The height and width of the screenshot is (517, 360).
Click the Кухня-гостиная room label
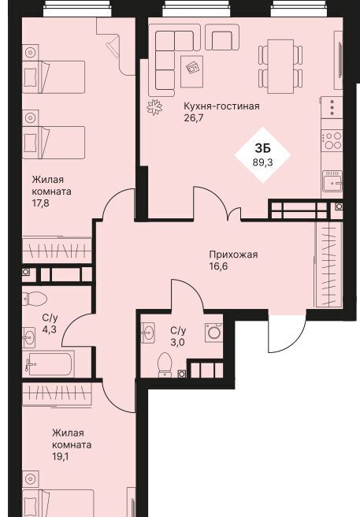[x=221, y=106]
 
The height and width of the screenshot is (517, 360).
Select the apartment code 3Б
[x=263, y=148]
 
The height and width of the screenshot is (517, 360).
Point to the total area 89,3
[x=263, y=162]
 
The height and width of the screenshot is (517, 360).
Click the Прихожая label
[x=233, y=255]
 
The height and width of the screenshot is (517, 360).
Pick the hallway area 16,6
[x=218, y=266]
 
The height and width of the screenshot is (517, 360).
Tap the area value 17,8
[x=40, y=203]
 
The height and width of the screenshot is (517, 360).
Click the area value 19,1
[x=61, y=456]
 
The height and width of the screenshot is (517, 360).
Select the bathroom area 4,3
[x=49, y=330]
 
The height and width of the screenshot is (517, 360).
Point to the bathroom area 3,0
[x=177, y=343]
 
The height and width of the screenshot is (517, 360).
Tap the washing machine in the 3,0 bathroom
[x=213, y=332]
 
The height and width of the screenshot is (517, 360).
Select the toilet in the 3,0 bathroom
[x=165, y=365]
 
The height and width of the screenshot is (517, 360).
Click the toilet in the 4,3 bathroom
[x=35, y=299]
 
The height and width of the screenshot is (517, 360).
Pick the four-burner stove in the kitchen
[x=332, y=141]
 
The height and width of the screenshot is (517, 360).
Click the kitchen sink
[x=332, y=180]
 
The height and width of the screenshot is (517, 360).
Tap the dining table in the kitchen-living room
[x=280, y=66]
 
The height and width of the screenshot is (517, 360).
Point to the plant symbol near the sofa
[x=154, y=107]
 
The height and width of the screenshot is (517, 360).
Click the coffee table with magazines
[x=191, y=72]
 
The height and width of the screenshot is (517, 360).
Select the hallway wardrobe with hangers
[x=329, y=265]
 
